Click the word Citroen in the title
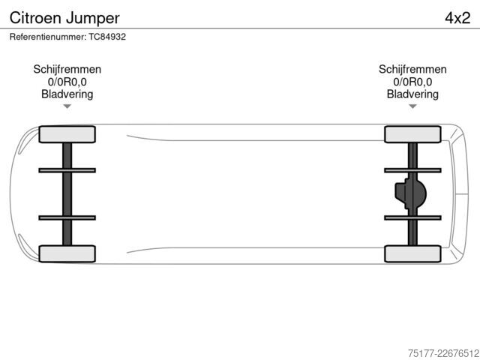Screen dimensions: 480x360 pyautogui.click(x=35, y=18)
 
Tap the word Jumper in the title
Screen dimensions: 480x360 pyautogui.click(x=92, y=19)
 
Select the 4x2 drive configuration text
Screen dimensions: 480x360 pyautogui.click(x=457, y=18)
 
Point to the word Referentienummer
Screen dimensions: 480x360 pyautogui.click(x=48, y=37)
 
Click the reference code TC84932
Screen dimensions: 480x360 pyautogui.click(x=107, y=37)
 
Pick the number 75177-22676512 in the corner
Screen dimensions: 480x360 pyautogui.click(x=443, y=353)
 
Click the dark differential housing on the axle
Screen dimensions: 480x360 pyautogui.click(x=410, y=193)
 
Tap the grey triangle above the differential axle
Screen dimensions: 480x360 pyautogui.click(x=412, y=106)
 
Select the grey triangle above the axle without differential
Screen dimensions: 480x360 pyautogui.click(x=67, y=106)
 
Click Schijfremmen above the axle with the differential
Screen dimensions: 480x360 pyautogui.click(x=412, y=69)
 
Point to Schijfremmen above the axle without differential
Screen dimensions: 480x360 pyautogui.click(x=67, y=69)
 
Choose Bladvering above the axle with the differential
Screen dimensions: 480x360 pyautogui.click(x=412, y=94)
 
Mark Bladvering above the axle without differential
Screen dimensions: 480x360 pyautogui.click(x=67, y=94)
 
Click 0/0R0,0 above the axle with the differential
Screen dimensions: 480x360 pyautogui.click(x=412, y=82)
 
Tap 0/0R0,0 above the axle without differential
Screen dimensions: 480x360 pyautogui.click(x=67, y=82)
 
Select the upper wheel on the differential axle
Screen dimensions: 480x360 pyautogui.click(x=412, y=134)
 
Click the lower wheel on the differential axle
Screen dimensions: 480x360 pyautogui.click(x=412, y=253)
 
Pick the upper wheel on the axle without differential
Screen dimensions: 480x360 pyautogui.click(x=67, y=134)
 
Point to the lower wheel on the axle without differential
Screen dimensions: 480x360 pyautogui.click(x=67, y=253)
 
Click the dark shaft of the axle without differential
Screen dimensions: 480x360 pyautogui.click(x=67, y=194)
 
